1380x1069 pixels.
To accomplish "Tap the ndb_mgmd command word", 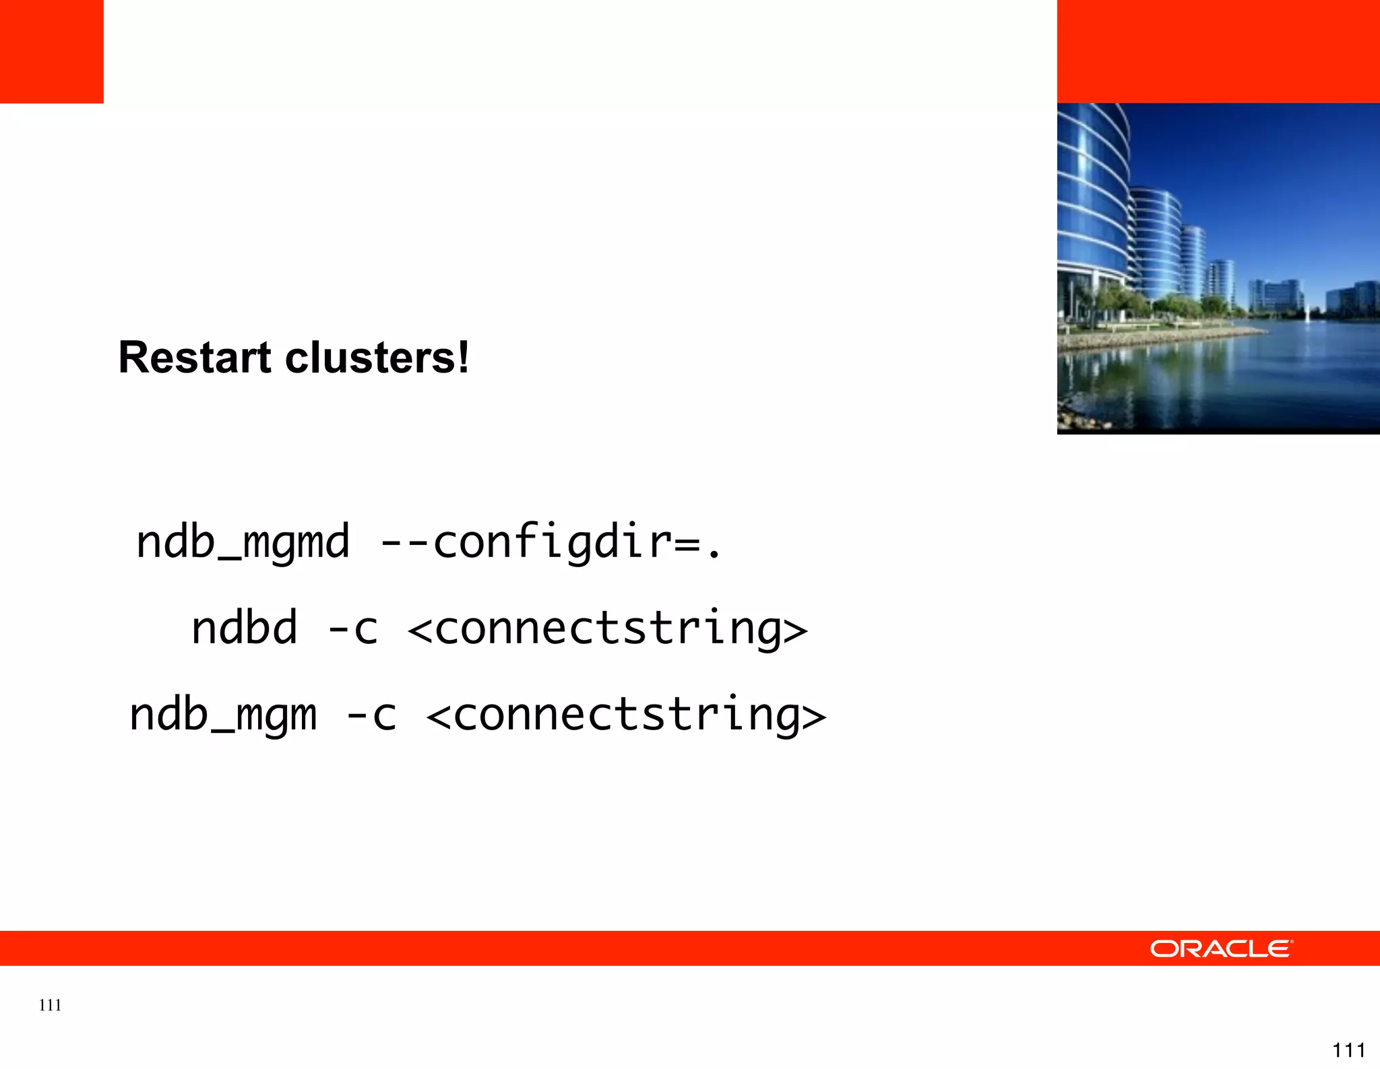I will [x=243, y=542].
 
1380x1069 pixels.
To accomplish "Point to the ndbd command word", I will [x=244, y=628].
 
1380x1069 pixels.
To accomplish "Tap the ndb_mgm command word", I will [x=223, y=715].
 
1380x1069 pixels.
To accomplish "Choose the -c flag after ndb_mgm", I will [x=371, y=715].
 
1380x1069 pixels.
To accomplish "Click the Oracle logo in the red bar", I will [x=1221, y=948].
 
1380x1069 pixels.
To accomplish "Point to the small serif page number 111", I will [x=51, y=1005].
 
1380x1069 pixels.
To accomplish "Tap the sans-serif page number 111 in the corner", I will [x=1348, y=1049].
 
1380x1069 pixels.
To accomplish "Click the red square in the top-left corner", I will [x=51, y=51].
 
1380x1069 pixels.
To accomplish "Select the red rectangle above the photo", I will [x=1218, y=51].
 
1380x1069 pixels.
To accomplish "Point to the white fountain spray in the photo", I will [x=1307, y=312].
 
